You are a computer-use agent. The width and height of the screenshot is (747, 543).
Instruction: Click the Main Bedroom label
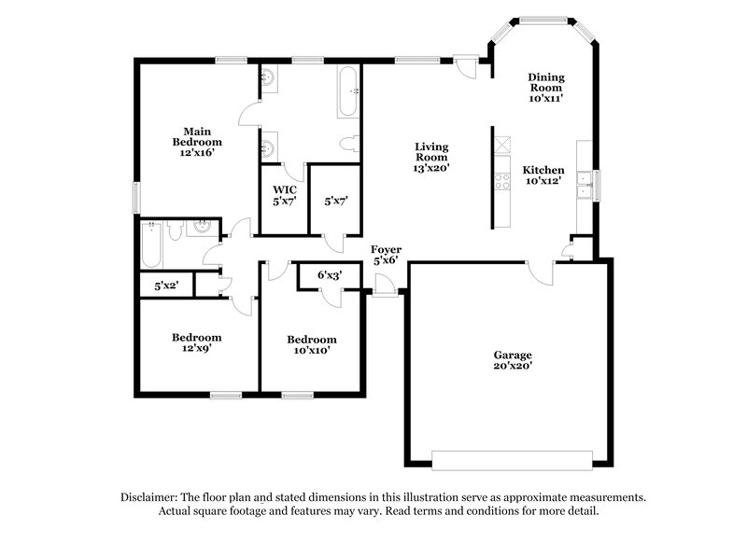[195, 142]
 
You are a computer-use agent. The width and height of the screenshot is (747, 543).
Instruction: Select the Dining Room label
[545, 86]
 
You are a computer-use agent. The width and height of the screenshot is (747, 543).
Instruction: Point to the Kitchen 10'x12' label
[543, 175]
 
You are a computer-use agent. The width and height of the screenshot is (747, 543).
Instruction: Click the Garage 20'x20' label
[513, 361]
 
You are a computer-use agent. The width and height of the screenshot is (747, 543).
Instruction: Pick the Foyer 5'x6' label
[386, 255]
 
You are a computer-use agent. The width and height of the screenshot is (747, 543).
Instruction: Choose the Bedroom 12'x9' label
[196, 342]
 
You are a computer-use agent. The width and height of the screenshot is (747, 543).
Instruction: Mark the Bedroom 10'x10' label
[311, 344]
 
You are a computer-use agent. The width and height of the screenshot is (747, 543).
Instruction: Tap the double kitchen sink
[585, 185]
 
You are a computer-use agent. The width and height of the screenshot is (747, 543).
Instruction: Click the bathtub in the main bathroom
[345, 92]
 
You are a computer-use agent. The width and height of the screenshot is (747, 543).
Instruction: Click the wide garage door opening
[511, 459]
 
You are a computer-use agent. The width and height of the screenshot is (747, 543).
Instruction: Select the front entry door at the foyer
[383, 292]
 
